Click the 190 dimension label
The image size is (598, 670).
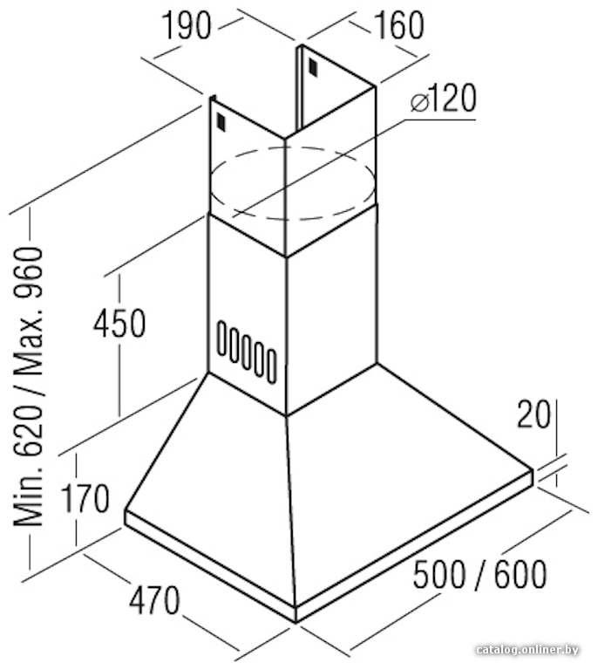click(x=187, y=25)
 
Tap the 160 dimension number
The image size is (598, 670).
click(x=399, y=25)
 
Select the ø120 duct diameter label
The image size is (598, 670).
click(x=443, y=99)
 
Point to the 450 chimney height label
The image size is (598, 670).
click(x=120, y=324)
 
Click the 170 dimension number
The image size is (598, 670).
click(x=85, y=499)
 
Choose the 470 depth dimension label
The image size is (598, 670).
click(x=154, y=600)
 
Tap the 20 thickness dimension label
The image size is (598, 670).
click(x=533, y=414)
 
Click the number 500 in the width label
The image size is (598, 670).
click(x=439, y=575)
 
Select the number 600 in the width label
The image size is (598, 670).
click(x=520, y=575)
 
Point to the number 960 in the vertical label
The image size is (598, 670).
click(x=29, y=272)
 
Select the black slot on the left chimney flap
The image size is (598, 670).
click(x=221, y=122)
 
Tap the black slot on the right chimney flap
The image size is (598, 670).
click(x=313, y=67)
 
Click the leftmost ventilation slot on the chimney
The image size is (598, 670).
click(x=221, y=338)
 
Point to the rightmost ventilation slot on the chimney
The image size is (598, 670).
click(x=271, y=366)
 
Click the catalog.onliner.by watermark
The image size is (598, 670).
click(x=527, y=650)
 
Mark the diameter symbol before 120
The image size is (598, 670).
click(x=419, y=103)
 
